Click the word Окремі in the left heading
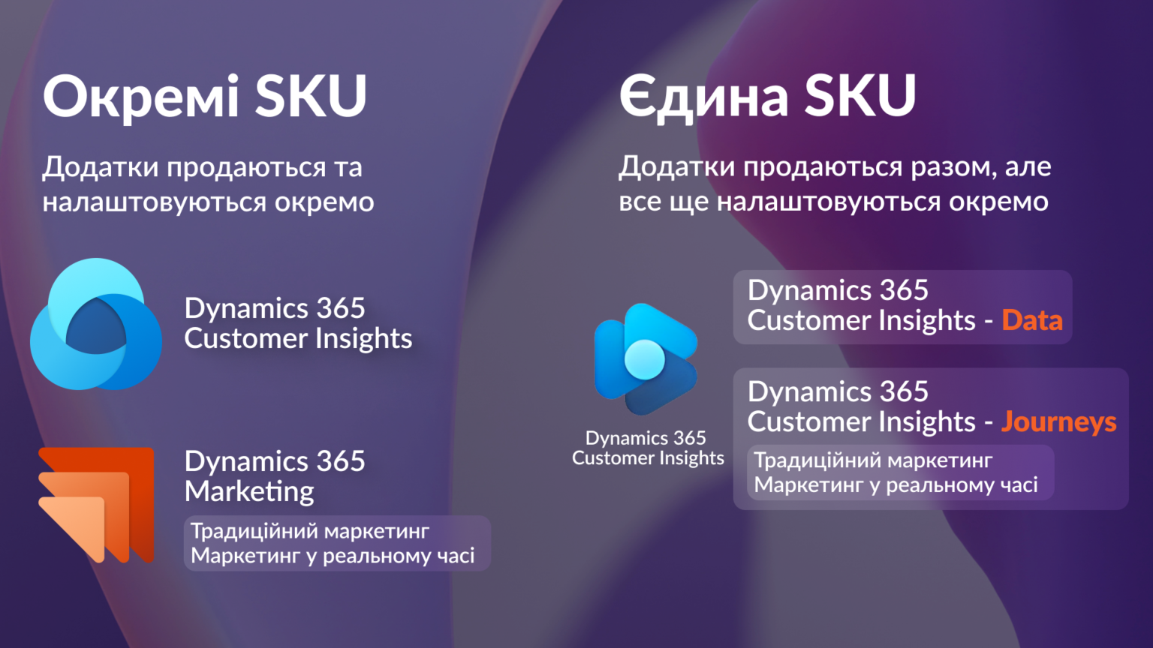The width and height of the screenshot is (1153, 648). coord(140,96)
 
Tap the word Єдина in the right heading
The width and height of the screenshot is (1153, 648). coord(703,96)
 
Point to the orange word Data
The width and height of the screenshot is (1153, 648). coord(1032,320)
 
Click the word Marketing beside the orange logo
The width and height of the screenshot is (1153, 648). coord(249,492)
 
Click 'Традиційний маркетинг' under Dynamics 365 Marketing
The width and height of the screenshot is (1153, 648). coord(310,531)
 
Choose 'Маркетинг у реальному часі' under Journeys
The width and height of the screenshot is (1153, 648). coord(896,485)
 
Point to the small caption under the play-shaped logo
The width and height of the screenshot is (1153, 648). coord(648,448)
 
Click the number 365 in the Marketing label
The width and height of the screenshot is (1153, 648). coord(340,461)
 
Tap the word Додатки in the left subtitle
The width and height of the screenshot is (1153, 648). coord(101,168)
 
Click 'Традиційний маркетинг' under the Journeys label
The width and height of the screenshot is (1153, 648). coord(873,460)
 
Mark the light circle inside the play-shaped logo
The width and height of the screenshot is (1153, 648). coord(645,359)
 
